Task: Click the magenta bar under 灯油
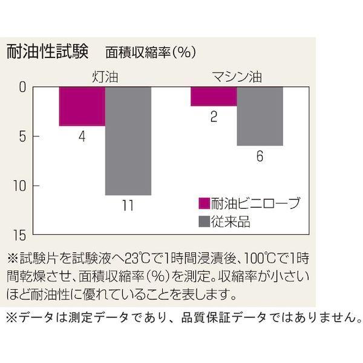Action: (82, 106)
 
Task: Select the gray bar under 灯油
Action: (128, 141)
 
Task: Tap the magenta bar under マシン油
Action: (214, 96)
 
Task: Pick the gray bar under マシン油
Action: (260, 116)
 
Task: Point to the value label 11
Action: (128, 206)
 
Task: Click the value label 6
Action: (260, 156)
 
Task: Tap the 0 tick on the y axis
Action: (22, 88)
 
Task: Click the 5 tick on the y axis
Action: (22, 137)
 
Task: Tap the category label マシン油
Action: (237, 77)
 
